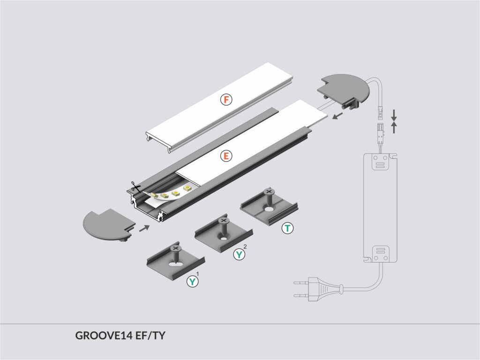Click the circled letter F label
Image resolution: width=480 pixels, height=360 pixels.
coord(226,99)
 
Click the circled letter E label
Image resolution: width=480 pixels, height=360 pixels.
coord(226,156)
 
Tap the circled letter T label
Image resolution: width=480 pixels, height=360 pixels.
coord(287,228)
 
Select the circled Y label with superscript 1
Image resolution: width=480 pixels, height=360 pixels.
coord(193,281)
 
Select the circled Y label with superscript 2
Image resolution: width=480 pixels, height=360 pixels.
coord(239,254)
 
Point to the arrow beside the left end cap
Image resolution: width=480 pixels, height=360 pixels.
coord(144,228)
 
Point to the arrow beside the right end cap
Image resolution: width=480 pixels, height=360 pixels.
coord(337,116)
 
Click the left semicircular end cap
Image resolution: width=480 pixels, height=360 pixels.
coord(109,225)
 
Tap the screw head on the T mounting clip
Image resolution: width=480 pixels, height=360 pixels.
coord(269,192)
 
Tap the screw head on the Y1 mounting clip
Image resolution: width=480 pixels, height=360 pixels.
coord(175,247)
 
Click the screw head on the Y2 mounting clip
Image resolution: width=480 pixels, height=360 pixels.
coord(223,220)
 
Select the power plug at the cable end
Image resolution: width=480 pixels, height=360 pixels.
coord(318,289)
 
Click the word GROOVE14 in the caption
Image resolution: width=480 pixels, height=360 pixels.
coord(105,336)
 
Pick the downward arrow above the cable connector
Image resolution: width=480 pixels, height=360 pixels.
coord(394,115)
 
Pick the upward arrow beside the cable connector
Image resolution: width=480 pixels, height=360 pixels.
coord(394,127)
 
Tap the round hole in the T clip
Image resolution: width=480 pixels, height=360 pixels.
coord(270,210)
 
